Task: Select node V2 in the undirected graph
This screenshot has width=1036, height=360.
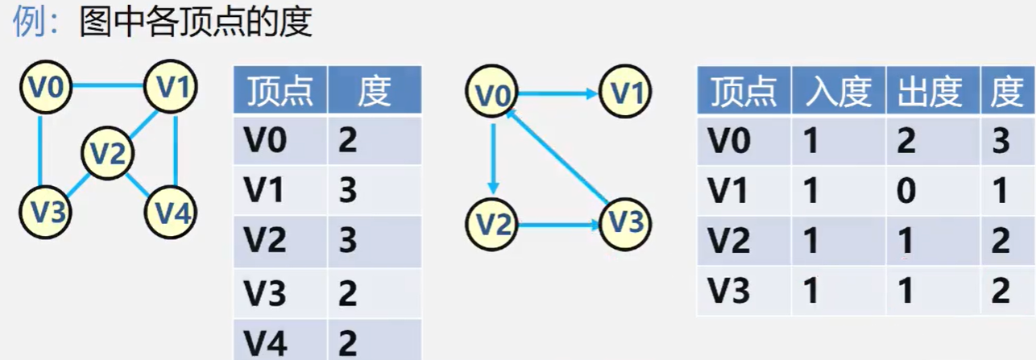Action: (x=107, y=151)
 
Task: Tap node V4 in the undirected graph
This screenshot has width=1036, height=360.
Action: (x=171, y=212)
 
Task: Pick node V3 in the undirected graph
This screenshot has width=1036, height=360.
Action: (x=45, y=212)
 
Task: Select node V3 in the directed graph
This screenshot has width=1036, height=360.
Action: (x=624, y=221)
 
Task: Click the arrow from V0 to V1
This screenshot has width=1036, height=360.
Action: (x=557, y=94)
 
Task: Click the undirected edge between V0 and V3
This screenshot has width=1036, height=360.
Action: (x=40, y=150)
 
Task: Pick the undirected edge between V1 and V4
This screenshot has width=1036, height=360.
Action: (x=175, y=150)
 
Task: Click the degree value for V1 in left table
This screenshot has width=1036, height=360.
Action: (x=348, y=191)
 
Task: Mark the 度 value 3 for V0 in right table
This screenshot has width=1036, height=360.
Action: (x=1001, y=141)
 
